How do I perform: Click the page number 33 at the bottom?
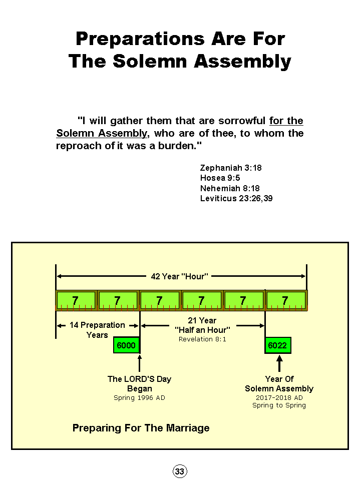pos(180,471)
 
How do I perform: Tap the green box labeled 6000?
pos(126,345)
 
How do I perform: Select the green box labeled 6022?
pos(277,345)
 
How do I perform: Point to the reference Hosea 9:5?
pos(220,178)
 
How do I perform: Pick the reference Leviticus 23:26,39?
pos(236,198)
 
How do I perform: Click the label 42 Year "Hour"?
pos(179,276)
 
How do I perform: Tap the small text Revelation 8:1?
pos(202,339)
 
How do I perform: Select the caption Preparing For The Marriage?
pos(141,428)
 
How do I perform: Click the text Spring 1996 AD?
pos(139,398)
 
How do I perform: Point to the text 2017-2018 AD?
pos(279,398)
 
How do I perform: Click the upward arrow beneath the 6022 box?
pos(279,363)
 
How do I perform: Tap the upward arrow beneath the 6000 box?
pos(140,363)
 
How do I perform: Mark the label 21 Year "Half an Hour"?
pos(202,325)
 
